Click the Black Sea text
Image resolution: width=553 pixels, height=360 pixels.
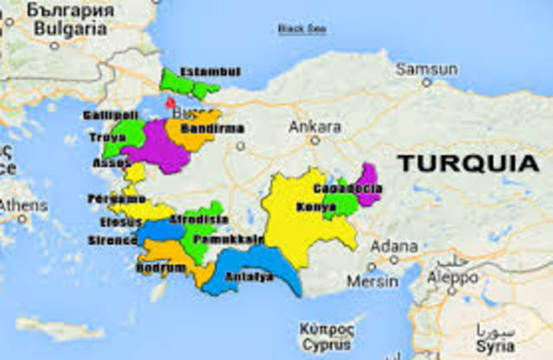tap(302, 28)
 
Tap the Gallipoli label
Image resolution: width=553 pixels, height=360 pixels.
tap(111, 116)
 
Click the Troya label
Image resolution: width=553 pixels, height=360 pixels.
tap(107, 137)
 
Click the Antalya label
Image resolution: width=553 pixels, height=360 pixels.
tap(248, 277)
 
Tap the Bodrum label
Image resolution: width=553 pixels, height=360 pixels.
tap(161, 268)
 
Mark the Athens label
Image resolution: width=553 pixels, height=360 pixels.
tap(23, 206)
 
